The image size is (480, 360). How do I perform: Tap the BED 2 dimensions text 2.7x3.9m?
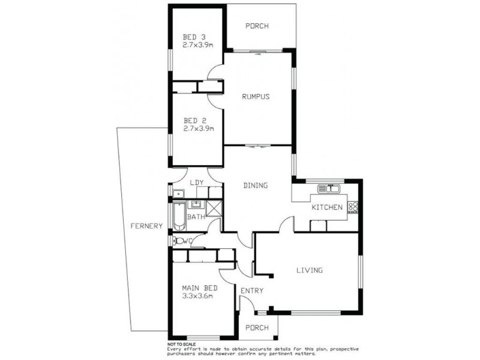click(199, 128)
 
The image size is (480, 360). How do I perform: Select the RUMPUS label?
click(255, 97)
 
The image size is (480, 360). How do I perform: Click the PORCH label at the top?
click(257, 26)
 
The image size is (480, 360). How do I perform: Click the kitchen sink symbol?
click(329, 189)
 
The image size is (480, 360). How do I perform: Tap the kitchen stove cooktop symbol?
click(353, 208)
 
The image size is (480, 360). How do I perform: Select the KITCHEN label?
click(326, 208)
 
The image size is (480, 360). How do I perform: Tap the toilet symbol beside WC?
click(177, 241)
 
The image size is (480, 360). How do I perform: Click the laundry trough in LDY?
click(178, 193)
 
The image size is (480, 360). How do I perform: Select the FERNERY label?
click(146, 226)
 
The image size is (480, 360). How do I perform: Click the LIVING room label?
click(310, 270)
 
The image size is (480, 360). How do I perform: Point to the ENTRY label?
click(251, 291)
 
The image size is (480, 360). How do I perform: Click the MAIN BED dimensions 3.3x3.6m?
click(199, 296)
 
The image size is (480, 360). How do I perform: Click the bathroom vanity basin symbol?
click(196, 205)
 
